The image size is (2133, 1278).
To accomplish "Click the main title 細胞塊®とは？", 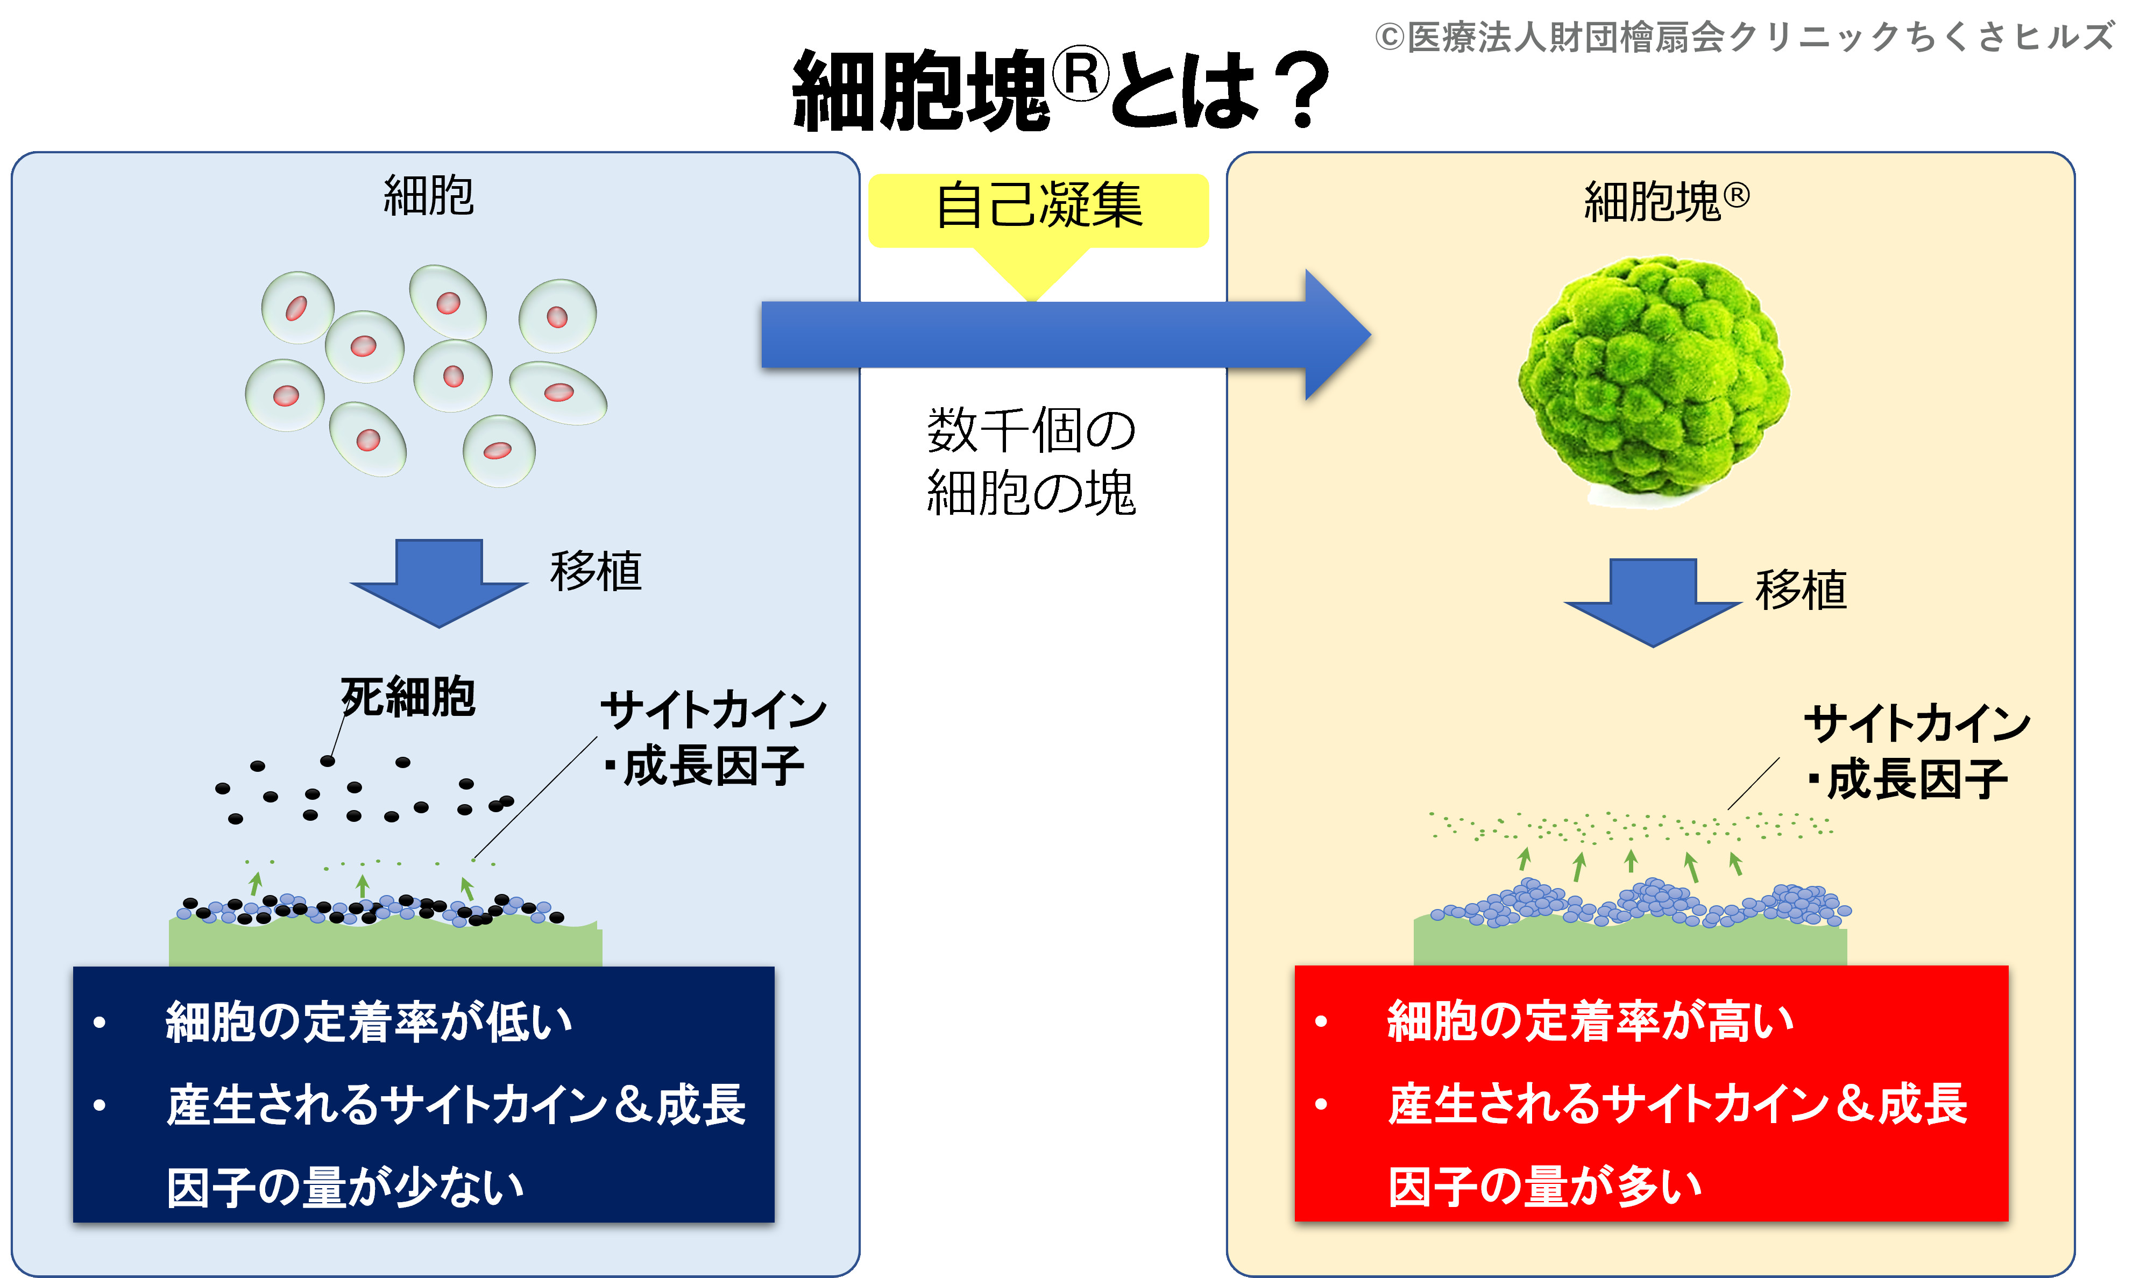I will [1059, 90].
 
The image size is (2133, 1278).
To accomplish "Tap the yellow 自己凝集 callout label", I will [1038, 207].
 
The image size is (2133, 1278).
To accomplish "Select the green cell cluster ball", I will [1653, 379].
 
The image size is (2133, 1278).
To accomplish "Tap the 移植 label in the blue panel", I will [596, 571].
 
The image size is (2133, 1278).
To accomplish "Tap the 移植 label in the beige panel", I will [1802, 590].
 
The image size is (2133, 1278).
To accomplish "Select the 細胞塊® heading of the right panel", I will [1666, 202].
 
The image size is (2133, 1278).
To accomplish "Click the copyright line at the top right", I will [1744, 36].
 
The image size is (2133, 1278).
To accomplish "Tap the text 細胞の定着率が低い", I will [369, 1022].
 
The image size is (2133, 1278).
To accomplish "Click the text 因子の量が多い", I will [1545, 1187].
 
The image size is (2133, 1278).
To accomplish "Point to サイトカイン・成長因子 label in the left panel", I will [713, 738].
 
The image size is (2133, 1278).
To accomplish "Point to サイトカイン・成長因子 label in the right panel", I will [1917, 751].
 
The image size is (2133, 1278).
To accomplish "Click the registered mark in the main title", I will [1083, 73].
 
